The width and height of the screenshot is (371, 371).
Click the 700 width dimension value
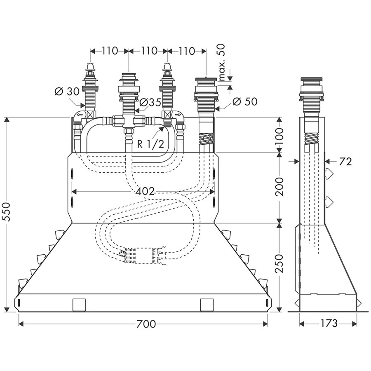click(146, 324)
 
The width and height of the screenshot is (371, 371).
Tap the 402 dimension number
click(144, 191)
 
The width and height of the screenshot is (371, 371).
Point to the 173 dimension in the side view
click(328, 324)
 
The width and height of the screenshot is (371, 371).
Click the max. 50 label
click(221, 62)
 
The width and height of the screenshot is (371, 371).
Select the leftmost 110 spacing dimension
click(109, 51)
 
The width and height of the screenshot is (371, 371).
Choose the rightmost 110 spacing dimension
click(186, 51)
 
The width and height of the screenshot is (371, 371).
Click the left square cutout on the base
click(79, 305)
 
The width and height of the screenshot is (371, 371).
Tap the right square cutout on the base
click(207, 305)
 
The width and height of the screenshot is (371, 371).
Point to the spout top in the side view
click(313, 79)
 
